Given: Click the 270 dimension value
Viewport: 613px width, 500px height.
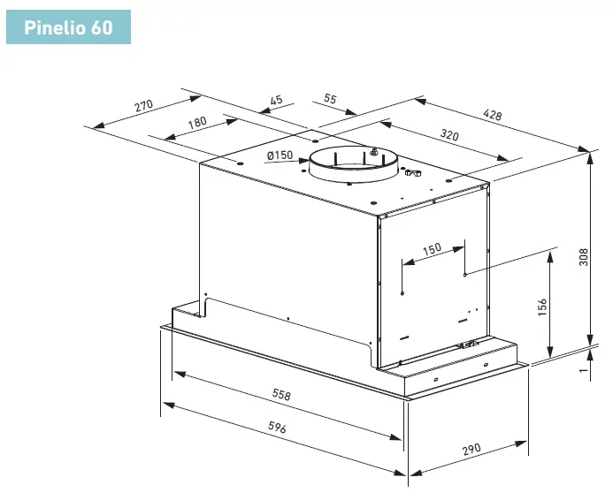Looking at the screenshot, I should [x=143, y=106].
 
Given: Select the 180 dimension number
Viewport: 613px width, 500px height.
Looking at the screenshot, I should [x=196, y=122].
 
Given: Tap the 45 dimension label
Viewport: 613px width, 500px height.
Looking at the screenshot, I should [x=276, y=100].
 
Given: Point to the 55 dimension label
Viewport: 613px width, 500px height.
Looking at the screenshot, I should [x=330, y=99].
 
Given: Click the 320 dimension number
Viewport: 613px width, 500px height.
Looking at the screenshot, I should [x=449, y=137].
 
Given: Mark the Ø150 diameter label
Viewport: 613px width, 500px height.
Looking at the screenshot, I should [x=280, y=155].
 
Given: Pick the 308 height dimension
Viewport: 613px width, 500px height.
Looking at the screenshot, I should [x=583, y=256].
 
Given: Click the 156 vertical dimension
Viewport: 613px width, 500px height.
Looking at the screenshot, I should [x=542, y=307].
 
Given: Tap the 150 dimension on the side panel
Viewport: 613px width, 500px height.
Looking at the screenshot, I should [x=432, y=248].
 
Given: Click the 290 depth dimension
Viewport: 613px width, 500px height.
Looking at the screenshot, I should [x=471, y=450].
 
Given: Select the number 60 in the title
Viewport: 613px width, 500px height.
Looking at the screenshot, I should [x=101, y=27].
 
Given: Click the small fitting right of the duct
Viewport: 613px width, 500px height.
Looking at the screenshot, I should [x=410, y=173].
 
